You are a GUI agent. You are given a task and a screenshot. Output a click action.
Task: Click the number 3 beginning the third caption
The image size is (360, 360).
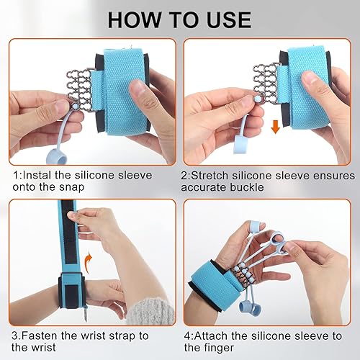click(14, 335)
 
